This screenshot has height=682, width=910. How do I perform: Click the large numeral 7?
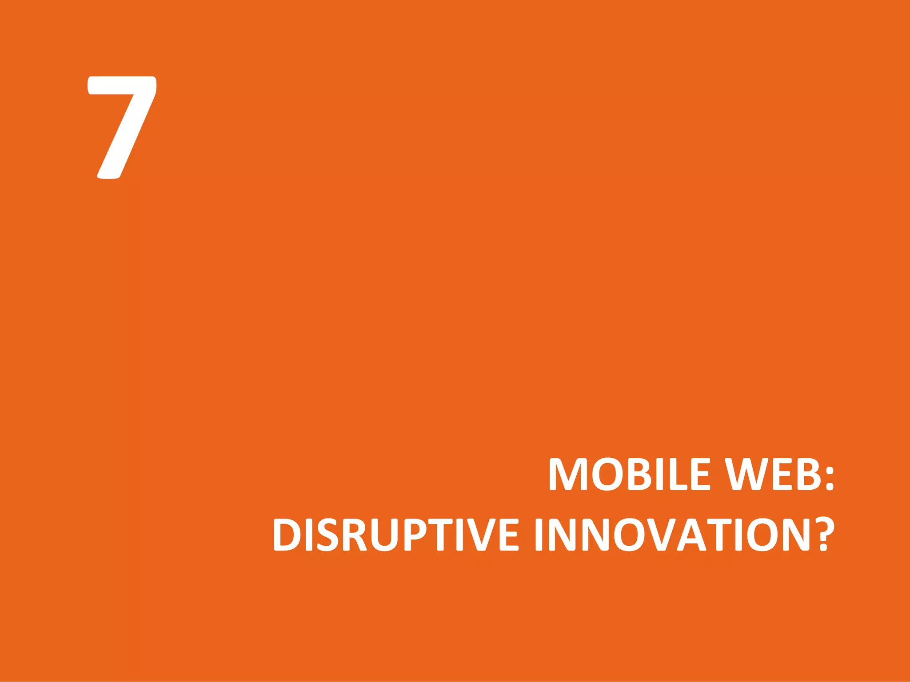point(122,127)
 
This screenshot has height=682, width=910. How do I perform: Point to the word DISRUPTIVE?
point(395,534)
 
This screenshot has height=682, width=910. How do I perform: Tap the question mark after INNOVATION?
point(824,534)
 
